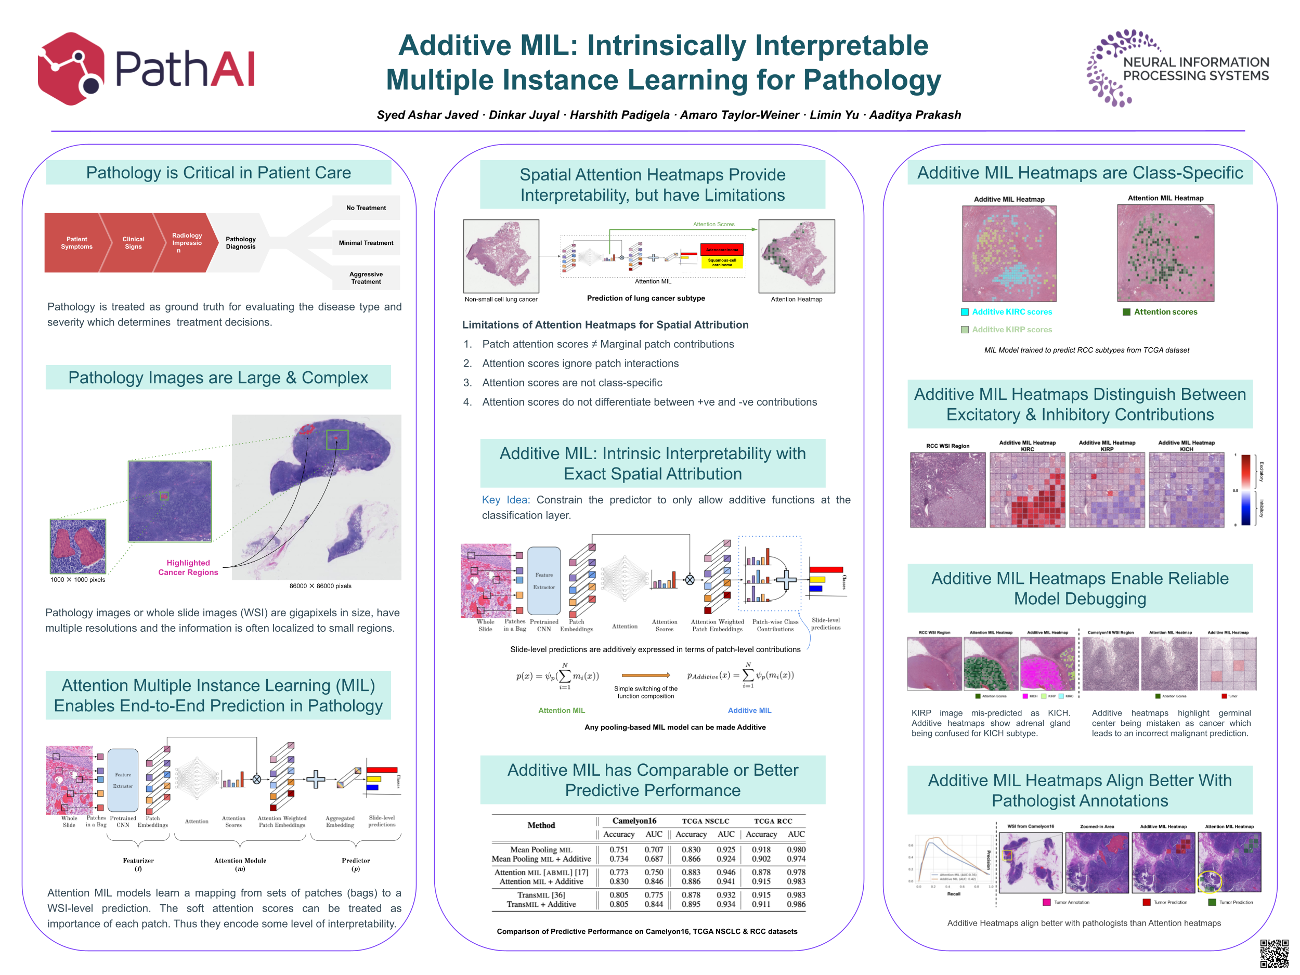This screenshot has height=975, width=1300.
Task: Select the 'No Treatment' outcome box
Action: [366, 208]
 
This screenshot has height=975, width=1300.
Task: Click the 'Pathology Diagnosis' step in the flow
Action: [240, 243]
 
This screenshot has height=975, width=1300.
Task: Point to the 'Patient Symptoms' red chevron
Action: [76, 243]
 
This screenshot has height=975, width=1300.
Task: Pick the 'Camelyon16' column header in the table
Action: [633, 821]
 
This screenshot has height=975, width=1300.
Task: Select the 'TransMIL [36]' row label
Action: [541, 895]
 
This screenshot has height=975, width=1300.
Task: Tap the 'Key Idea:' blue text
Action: [505, 500]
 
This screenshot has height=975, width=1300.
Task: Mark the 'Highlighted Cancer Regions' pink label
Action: [188, 568]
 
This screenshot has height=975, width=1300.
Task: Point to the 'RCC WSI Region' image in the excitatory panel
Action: [947, 489]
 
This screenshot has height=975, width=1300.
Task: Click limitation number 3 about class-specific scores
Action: [571, 383]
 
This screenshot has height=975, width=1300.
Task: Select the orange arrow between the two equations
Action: [645, 675]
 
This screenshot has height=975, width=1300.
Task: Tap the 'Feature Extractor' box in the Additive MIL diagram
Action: [543, 581]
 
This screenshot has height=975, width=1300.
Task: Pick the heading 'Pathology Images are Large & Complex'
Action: [218, 378]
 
